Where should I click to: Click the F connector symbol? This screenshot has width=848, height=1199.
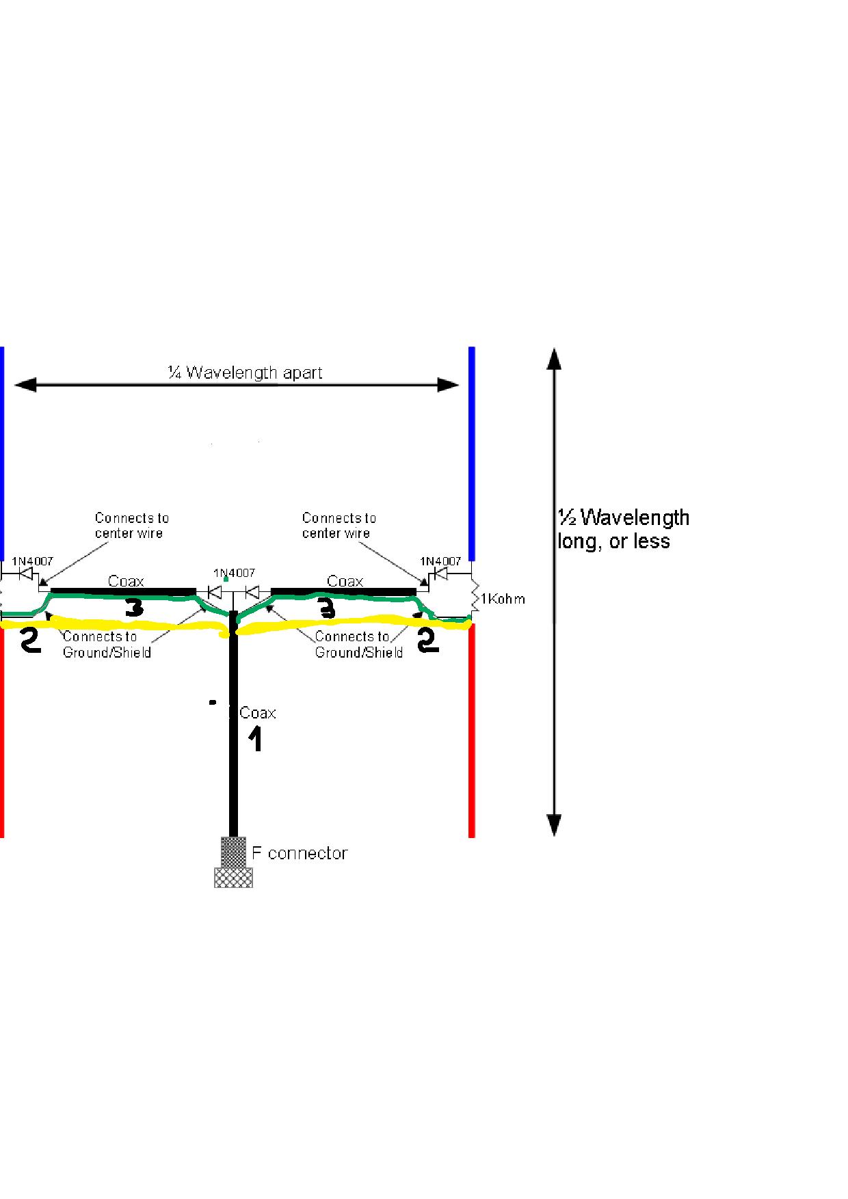click(x=233, y=863)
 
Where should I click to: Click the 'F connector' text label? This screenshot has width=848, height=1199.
click(x=300, y=853)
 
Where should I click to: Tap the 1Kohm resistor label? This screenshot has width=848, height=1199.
click(x=503, y=599)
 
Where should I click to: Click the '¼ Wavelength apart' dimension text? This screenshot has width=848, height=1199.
click(x=246, y=373)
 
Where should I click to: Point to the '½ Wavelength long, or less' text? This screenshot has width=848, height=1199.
click(x=623, y=529)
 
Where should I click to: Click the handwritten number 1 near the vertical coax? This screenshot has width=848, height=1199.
click(x=254, y=740)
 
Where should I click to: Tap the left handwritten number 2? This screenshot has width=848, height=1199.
click(x=30, y=641)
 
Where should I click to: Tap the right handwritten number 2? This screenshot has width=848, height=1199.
click(x=427, y=641)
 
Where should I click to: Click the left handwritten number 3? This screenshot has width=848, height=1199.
click(x=134, y=608)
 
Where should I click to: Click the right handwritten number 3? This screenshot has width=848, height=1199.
click(x=327, y=608)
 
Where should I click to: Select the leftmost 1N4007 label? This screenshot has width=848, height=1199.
click(x=32, y=561)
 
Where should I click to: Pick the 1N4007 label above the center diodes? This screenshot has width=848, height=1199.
click(x=234, y=573)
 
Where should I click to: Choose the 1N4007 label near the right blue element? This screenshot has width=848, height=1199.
click(x=440, y=561)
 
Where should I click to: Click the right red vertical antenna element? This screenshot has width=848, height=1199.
click(x=472, y=731)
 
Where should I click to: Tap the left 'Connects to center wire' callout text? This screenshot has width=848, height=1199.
click(x=131, y=526)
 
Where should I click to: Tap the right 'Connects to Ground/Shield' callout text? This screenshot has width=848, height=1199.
click(x=358, y=645)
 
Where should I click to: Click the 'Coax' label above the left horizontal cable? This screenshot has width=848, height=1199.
click(x=127, y=581)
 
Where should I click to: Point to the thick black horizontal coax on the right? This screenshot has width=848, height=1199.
click(x=344, y=591)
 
